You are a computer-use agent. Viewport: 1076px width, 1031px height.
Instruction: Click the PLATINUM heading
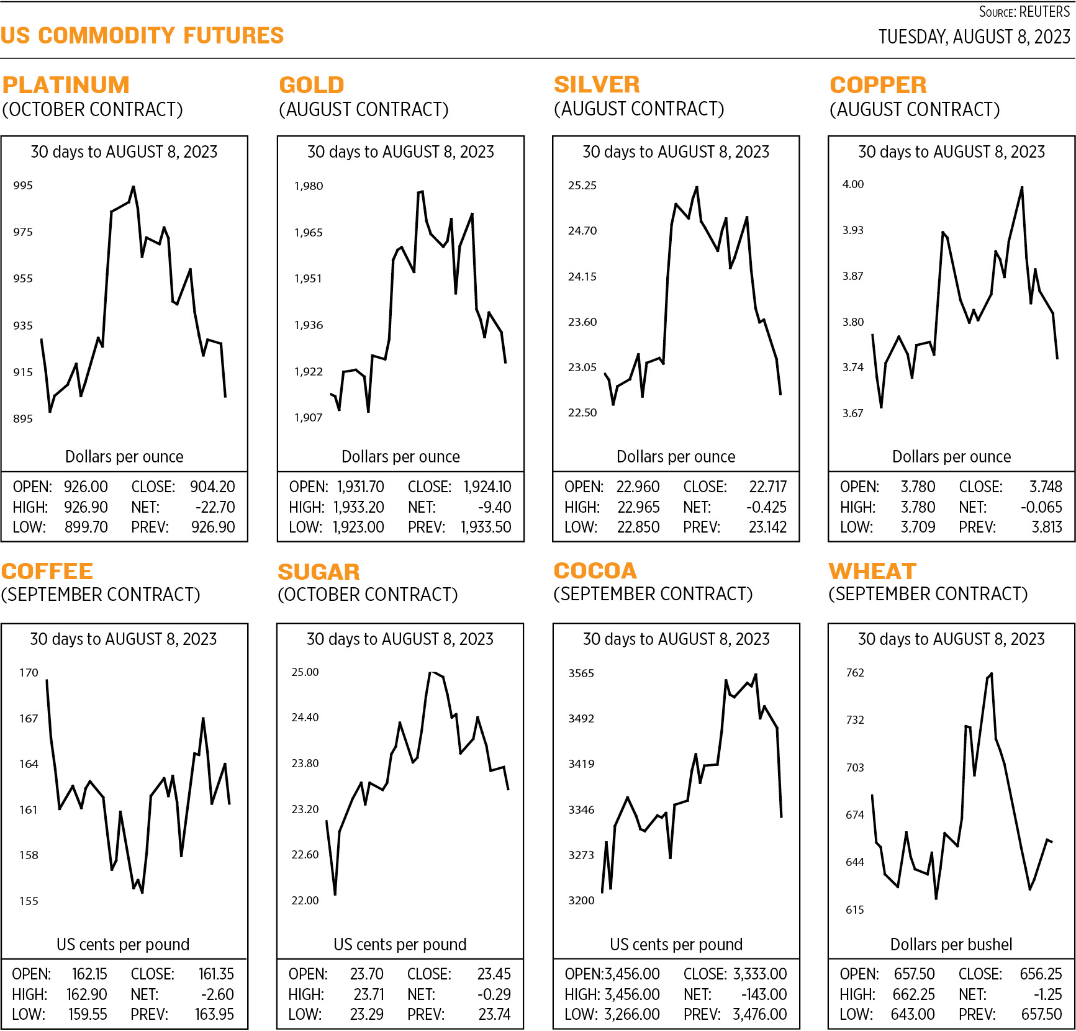click(66, 85)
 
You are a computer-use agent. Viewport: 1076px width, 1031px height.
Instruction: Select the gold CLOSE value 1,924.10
click(487, 487)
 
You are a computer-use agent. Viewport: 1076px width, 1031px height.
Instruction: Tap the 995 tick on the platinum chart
click(23, 186)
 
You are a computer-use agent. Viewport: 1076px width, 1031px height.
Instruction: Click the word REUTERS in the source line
click(1044, 12)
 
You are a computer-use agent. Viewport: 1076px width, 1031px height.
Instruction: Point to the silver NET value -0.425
click(766, 507)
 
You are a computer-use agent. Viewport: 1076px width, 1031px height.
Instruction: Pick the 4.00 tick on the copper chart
click(852, 184)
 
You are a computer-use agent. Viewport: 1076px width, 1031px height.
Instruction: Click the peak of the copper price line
click(1022, 187)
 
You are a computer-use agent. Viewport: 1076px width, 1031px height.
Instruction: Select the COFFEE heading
click(47, 571)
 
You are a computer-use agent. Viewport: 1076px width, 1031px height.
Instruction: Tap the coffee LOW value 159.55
click(87, 1014)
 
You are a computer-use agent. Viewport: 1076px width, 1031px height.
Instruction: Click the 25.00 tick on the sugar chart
click(305, 672)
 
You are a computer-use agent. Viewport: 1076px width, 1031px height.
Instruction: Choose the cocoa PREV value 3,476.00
click(759, 1014)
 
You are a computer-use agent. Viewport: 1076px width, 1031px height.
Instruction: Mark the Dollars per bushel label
click(951, 944)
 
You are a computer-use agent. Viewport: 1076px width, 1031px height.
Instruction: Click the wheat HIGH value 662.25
click(913, 994)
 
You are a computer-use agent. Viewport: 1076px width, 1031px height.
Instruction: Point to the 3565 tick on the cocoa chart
click(581, 673)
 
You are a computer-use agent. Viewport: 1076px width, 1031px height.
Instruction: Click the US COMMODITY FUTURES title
click(142, 35)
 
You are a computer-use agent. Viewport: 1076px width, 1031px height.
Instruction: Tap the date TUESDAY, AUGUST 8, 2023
click(974, 37)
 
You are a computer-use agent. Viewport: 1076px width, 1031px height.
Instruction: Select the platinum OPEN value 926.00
click(86, 487)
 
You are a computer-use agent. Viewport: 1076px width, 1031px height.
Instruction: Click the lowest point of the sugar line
click(335, 894)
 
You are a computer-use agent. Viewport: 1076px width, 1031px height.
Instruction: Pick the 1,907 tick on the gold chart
click(308, 418)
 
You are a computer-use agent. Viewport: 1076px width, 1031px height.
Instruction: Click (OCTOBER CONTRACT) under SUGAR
click(368, 595)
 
